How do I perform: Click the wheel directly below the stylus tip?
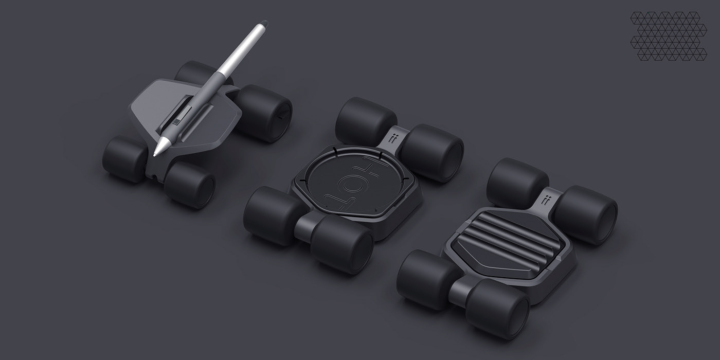point(189,184)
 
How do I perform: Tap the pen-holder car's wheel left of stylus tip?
point(124,158)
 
